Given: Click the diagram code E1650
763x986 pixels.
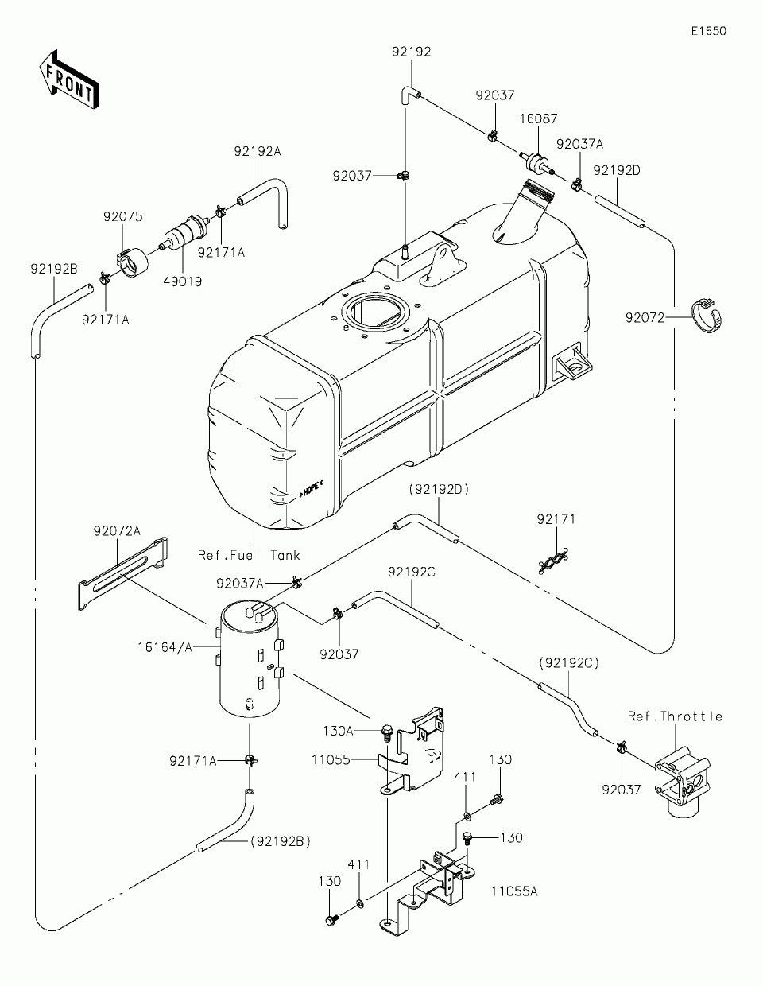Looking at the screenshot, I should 708,32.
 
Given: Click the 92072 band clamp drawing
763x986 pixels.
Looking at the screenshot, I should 711,316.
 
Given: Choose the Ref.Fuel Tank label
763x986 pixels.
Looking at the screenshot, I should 249,555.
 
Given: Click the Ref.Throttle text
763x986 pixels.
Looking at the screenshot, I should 675,716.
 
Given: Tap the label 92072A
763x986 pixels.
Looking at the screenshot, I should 117,531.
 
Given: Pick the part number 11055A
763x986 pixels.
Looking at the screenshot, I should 513,891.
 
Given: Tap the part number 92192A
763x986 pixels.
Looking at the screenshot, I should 257,150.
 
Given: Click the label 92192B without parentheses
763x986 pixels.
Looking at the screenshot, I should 54,269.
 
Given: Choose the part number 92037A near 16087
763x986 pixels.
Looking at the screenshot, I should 579,144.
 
